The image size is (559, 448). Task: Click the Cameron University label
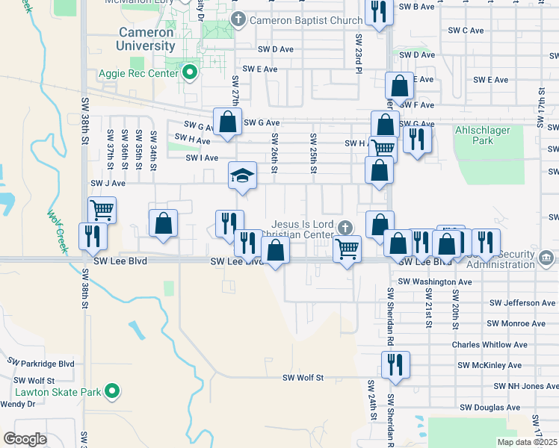(147, 39)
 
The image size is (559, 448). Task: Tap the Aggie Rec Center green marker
(190, 73)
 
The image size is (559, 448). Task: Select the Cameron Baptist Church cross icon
(238, 19)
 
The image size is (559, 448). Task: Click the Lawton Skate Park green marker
(111, 391)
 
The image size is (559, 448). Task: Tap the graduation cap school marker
(242, 176)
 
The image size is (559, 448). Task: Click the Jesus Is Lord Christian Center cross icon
(345, 227)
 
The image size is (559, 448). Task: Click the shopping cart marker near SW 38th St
(102, 210)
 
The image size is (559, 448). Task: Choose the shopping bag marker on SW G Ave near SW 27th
(227, 122)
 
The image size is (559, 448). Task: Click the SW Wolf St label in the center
(302, 378)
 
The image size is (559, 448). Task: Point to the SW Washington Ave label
(435, 281)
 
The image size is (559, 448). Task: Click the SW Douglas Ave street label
(489, 408)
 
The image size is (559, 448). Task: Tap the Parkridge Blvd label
(41, 363)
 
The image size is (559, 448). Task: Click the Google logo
(25, 438)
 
